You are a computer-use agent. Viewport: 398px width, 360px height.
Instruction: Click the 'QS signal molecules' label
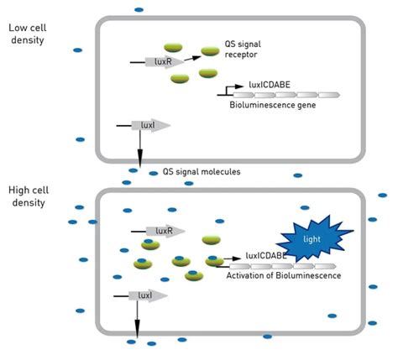195,172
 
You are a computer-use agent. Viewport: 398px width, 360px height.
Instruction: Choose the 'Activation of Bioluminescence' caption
284,274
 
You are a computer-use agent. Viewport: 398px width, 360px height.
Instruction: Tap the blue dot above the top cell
138,9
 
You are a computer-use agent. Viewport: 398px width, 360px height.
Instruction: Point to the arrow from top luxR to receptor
191,59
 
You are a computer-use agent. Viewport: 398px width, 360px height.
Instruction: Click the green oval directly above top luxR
174,48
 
